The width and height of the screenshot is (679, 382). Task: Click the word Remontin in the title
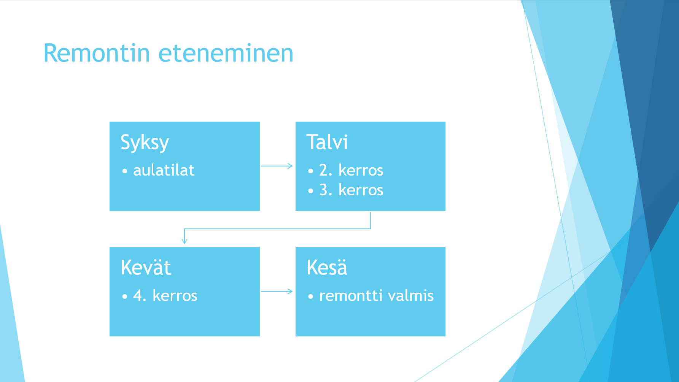97,53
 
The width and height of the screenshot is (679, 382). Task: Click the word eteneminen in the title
226,53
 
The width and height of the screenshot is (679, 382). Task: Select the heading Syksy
145,143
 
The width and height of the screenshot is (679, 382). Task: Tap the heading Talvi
327,142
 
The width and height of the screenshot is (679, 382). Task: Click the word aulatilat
164,170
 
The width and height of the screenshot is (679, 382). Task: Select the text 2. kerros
351,170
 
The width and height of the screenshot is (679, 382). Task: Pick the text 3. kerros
351,190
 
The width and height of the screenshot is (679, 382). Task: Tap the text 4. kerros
165,296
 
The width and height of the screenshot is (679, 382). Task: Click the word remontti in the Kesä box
351,296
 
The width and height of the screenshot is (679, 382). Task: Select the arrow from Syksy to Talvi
277,166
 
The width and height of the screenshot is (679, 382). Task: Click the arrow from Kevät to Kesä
277,291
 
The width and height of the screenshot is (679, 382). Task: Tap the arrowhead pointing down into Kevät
184,241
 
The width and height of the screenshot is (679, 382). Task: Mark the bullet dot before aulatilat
125,171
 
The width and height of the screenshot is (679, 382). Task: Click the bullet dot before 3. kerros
311,191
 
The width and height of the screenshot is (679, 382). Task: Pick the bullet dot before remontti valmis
311,296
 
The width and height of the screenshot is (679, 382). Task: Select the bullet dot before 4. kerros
125,296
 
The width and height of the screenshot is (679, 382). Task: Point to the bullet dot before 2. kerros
311,171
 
